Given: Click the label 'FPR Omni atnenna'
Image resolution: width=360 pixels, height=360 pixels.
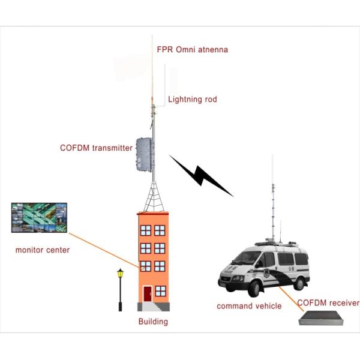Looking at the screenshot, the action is tap(192, 49).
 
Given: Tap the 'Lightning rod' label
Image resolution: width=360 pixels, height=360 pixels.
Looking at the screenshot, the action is tap(192, 99).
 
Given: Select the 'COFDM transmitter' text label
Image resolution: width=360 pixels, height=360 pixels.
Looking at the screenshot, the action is tap(96, 148).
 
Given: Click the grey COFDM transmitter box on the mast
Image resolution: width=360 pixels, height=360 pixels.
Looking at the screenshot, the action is tap(145, 154).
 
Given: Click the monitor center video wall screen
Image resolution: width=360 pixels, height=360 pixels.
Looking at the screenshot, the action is tap(39, 217).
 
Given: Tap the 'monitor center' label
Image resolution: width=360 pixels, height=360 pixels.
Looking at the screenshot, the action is tap(43, 250).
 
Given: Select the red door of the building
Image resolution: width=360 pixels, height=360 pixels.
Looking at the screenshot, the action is tap(147, 294).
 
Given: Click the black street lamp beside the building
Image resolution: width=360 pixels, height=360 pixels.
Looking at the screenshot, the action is tap(121, 288).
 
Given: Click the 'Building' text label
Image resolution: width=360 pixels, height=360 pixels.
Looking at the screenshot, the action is tap(153, 322).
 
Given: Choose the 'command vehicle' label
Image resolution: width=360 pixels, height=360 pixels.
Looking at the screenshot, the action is tap(249, 306).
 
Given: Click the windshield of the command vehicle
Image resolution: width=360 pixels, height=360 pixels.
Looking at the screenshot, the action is tap(246, 259).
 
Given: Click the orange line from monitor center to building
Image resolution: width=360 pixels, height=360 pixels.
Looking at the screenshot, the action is tap(102, 246).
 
